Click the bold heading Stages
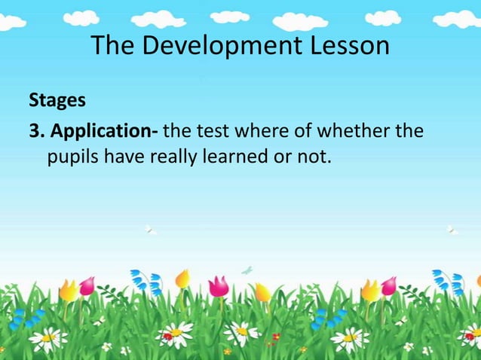[x=57, y=101]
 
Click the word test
[x=213, y=133]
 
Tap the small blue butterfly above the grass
[x=247, y=269]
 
